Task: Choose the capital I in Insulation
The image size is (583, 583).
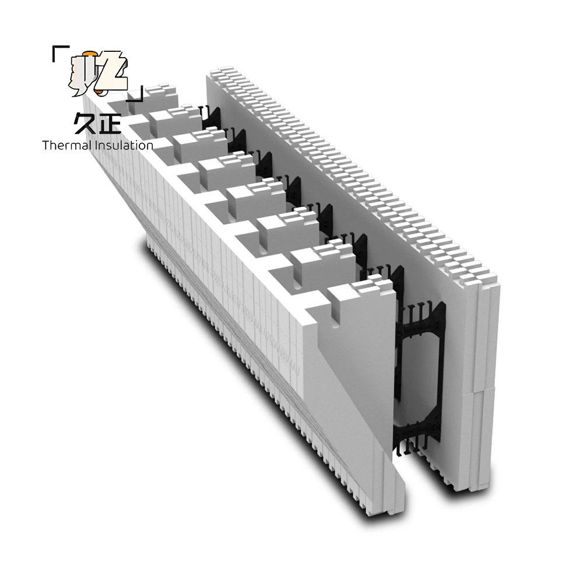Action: (96, 145)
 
